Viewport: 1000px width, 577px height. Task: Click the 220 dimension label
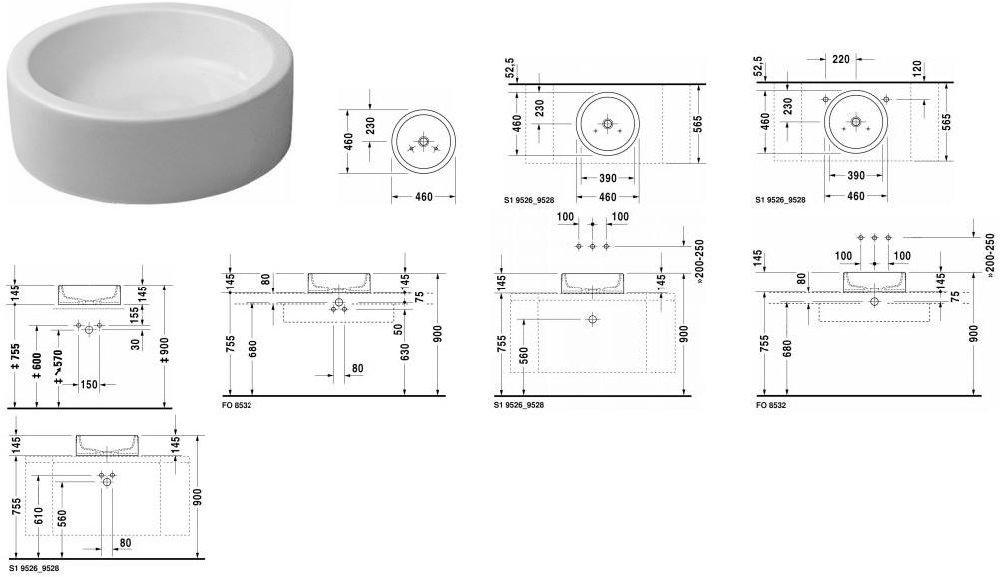(x=841, y=59)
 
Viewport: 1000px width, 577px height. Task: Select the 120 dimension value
(x=917, y=69)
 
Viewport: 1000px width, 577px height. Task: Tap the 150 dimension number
(x=89, y=385)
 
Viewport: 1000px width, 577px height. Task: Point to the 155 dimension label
(x=134, y=314)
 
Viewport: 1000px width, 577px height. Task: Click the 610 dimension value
(x=38, y=516)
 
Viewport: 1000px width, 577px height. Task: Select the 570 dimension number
(x=59, y=363)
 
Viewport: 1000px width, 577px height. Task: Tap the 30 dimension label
(x=134, y=343)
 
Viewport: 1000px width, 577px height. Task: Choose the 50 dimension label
(x=398, y=329)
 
